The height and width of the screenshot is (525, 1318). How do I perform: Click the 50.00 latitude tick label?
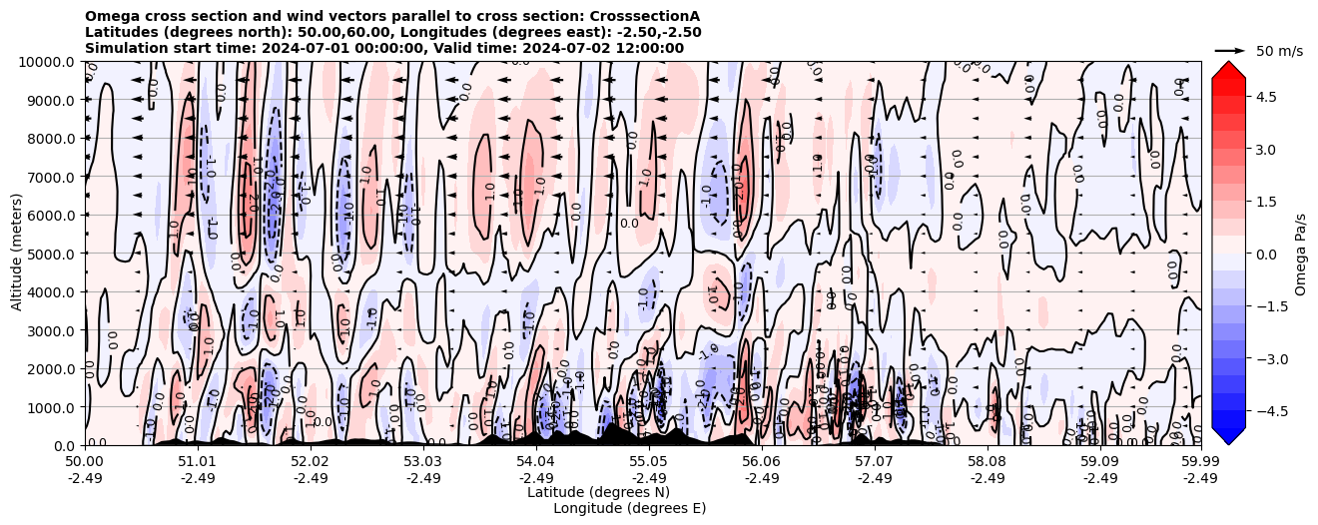pos(85,462)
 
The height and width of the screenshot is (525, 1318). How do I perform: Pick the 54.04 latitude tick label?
pos(536,462)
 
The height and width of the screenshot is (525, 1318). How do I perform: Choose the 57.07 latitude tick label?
pos(875,462)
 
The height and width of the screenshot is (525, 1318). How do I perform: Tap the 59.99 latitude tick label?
pos(1200,462)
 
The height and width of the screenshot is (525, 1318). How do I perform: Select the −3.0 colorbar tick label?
pos(1269,358)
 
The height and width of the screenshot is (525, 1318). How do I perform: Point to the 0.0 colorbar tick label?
pos(1265,254)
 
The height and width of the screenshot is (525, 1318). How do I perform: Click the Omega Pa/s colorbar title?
pos(1300,254)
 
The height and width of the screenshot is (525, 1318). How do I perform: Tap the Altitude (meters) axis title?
pos(17,254)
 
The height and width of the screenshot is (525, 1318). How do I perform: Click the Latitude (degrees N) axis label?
pos(598,492)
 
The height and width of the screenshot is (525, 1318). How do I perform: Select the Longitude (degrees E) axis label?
pos(629,508)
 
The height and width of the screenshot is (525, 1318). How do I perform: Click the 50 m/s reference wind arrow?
pos(1230,50)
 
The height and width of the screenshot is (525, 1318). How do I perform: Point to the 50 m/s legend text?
pos(1279,51)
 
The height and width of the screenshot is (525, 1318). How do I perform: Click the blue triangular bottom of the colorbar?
pos(1228,435)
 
